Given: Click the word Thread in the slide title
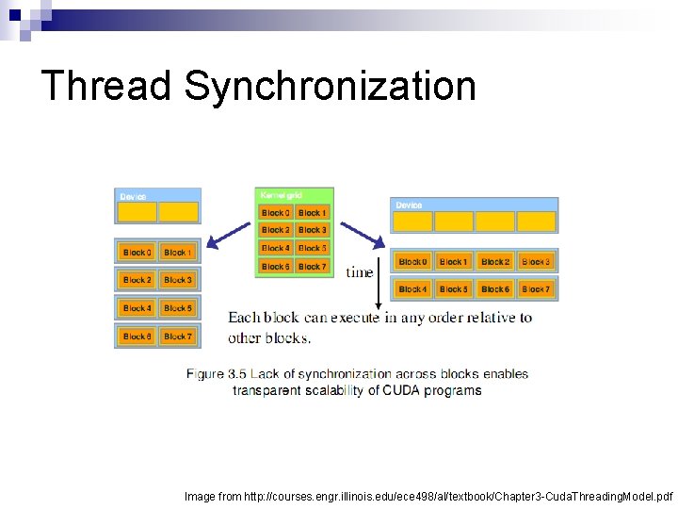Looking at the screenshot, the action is [106, 86].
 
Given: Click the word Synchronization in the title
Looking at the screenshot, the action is [330, 86].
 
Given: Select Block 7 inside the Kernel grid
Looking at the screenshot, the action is [312, 267].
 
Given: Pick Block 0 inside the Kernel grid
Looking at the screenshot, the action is [275, 213].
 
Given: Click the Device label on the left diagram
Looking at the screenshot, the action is [133, 196].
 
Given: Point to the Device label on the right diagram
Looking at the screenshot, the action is [409, 205].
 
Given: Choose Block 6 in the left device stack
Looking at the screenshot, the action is [137, 337].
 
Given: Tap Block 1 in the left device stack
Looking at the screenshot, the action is [176, 253].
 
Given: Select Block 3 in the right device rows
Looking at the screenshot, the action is [535, 261].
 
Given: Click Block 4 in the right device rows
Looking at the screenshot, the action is [412, 289].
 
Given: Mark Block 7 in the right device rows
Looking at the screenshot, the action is [535, 289].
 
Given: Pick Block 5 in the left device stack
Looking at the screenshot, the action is [176, 308].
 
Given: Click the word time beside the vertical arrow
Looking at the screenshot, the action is [360, 272].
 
